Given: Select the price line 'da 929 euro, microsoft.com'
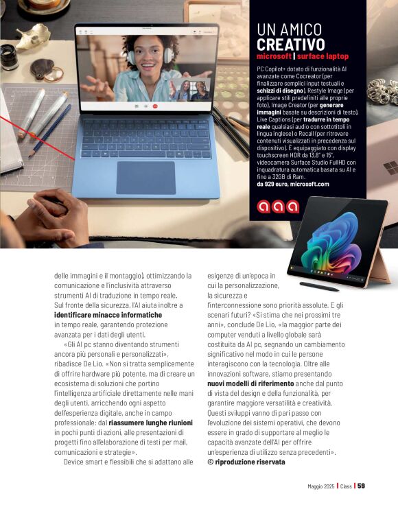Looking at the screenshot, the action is [x=293, y=184].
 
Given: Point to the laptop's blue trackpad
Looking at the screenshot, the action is [x=145, y=178].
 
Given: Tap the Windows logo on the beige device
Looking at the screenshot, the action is [x=390, y=167].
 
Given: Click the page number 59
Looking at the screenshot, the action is [x=361, y=486].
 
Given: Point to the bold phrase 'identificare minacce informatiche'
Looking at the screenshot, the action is [x=108, y=315].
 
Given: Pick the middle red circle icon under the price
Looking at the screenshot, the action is [x=278, y=206].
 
